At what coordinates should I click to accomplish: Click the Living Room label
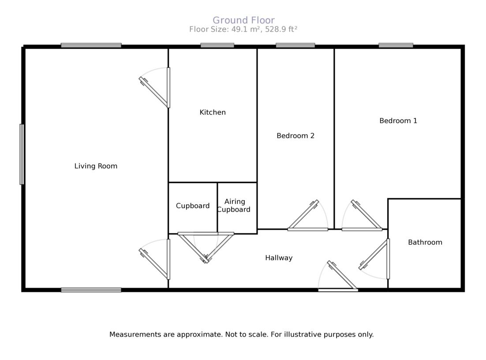tap(96, 166)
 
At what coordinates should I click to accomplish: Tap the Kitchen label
tap(213, 112)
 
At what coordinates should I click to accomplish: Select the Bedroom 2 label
tap(295, 136)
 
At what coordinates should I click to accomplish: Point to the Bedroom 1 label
tap(398, 121)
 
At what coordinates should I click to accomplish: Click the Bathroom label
tap(425, 242)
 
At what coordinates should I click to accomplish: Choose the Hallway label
tap(279, 258)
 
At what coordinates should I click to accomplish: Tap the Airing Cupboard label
tap(234, 206)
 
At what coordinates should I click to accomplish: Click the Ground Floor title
tap(243, 20)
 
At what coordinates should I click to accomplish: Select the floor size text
tap(243, 30)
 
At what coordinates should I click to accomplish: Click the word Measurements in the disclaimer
tap(135, 334)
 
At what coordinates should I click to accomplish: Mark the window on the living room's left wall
tap(22, 154)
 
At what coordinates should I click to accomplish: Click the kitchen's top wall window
tap(217, 45)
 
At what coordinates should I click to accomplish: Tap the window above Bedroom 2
tap(295, 45)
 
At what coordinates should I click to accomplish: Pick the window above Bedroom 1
tap(396, 45)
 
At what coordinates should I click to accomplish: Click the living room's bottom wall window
tap(91, 290)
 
